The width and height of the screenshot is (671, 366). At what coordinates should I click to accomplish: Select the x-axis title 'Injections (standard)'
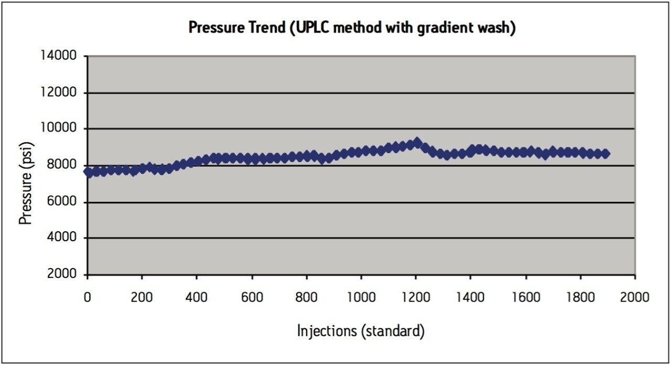[361, 331]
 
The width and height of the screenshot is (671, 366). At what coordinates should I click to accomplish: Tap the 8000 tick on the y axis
[61, 166]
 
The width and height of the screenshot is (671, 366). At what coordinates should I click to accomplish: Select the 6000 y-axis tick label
[61, 202]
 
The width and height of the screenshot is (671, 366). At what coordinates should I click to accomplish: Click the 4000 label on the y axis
[61, 238]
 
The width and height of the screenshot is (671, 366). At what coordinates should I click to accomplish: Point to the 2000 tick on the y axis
[61, 275]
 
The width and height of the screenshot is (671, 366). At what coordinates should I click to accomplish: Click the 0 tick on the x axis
[88, 297]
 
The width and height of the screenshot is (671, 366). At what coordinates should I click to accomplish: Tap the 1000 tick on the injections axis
[361, 297]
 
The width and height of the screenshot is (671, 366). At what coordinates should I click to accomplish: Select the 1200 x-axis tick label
[416, 297]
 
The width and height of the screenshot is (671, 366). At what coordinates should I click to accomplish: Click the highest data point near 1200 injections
[417, 143]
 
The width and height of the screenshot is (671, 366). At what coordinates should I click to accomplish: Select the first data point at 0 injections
[88, 172]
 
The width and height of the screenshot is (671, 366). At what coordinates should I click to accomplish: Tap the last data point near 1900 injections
[605, 154]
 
